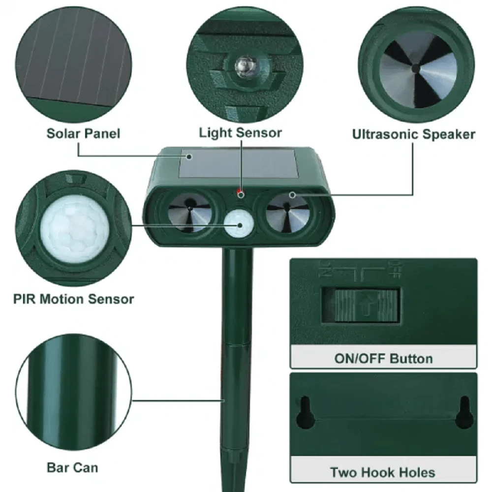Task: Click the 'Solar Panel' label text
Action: [83, 133]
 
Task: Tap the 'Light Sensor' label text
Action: [240, 132]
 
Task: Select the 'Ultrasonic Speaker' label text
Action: [414, 134]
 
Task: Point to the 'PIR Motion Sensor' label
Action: [73, 299]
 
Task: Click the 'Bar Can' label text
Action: [72, 467]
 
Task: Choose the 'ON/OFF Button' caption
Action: [383, 358]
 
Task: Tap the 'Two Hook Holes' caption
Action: [383, 473]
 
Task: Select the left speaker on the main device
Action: [189, 212]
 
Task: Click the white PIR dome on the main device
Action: [240, 225]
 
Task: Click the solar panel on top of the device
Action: [239, 163]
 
